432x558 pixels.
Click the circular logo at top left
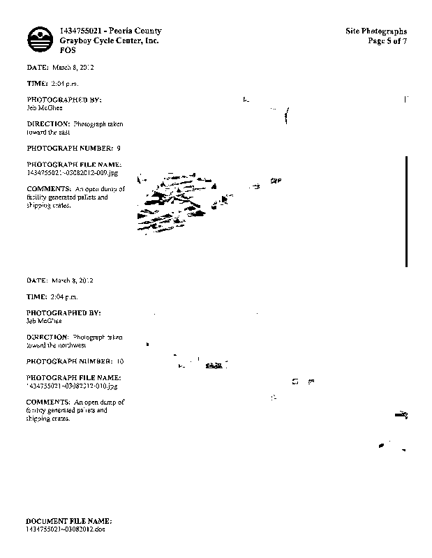[x=40, y=40]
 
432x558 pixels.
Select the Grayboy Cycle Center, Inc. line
[x=110, y=41]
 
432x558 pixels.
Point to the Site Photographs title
[x=376, y=31]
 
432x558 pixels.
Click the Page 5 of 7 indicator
[x=387, y=41]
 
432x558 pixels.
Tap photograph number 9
[x=119, y=149]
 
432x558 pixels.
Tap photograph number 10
[x=120, y=362]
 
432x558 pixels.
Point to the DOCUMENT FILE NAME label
[x=68, y=521]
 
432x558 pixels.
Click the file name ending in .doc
[x=65, y=529]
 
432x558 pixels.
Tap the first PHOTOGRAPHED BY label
[x=64, y=100]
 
